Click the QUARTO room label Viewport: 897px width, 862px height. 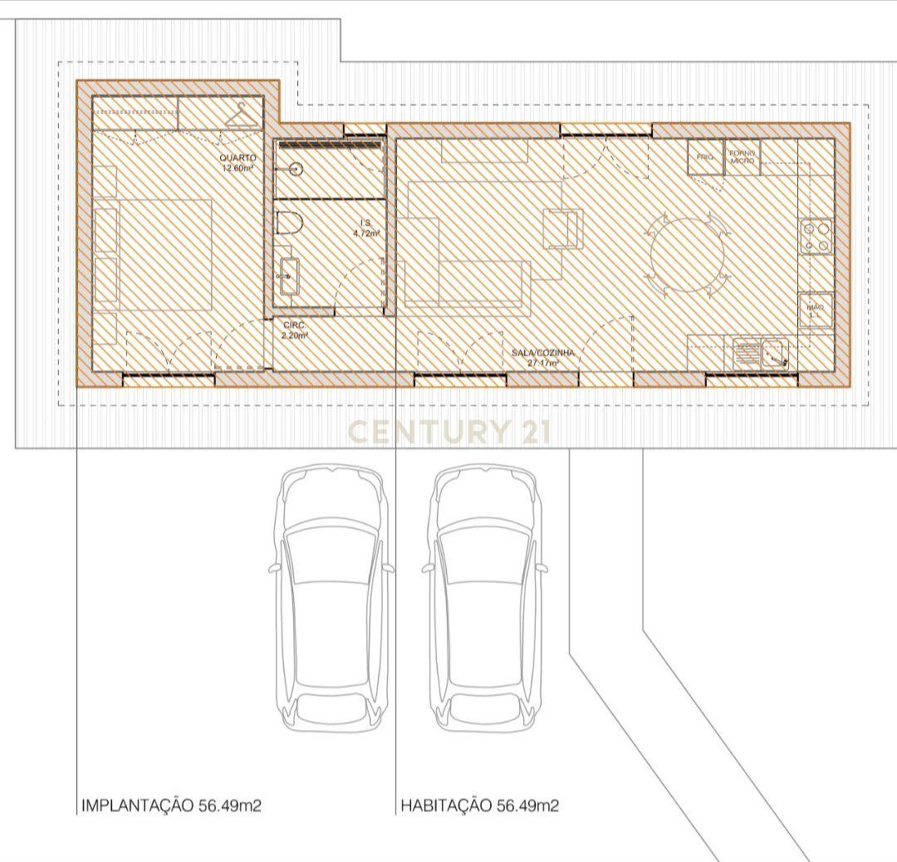pyautogui.click(x=238, y=158)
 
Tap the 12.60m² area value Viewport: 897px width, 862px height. pyautogui.click(x=238, y=168)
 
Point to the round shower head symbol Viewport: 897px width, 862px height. pyautogui.click(x=296, y=169)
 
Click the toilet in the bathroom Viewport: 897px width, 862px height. pyautogui.click(x=288, y=224)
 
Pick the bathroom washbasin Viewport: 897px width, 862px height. pyautogui.click(x=289, y=276)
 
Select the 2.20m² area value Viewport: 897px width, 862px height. pyautogui.click(x=295, y=335)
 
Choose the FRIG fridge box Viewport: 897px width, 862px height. pyautogui.click(x=705, y=157)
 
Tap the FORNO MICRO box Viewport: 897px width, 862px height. pyautogui.click(x=743, y=157)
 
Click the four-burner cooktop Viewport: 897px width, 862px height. pyautogui.click(x=816, y=235)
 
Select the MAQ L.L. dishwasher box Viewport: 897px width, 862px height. pyautogui.click(x=816, y=310)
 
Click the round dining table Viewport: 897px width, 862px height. pyautogui.click(x=689, y=253)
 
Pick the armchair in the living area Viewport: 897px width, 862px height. pyautogui.click(x=562, y=228)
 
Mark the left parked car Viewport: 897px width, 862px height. pyautogui.click(x=331, y=598)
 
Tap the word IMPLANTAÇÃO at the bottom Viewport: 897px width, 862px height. pyautogui.click(x=137, y=806)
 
